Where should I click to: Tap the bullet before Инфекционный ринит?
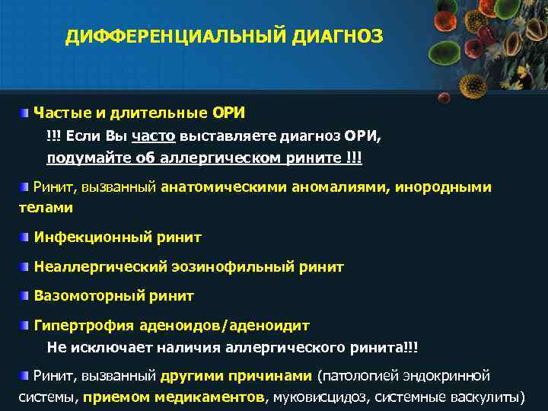click(25, 237)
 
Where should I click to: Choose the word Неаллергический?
click(94, 267)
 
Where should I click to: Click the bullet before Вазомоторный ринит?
click(25, 295)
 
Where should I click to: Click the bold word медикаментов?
click(209, 397)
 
